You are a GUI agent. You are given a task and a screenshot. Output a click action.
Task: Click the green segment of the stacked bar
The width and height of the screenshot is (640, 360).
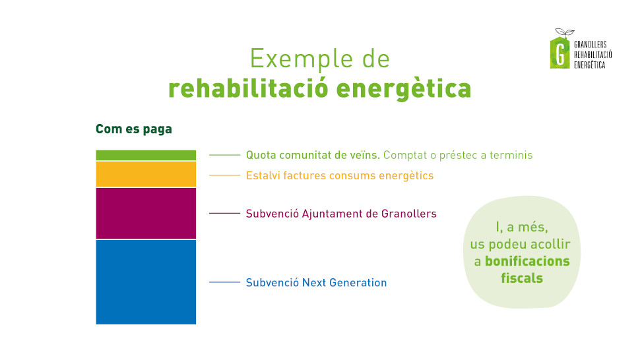point(146,155)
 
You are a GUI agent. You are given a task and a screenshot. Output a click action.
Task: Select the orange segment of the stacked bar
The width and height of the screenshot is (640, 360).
point(146,174)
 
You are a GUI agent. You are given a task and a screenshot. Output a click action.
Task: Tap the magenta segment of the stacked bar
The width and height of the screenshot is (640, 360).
point(146,213)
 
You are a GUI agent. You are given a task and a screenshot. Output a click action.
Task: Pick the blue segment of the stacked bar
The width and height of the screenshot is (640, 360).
point(146,282)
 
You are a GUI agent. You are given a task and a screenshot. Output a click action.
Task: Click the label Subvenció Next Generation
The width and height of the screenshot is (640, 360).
point(316,283)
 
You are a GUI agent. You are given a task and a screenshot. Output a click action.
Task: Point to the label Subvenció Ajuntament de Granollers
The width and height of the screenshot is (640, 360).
point(341,214)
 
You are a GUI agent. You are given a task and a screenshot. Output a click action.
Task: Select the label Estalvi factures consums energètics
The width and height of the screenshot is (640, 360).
point(340,175)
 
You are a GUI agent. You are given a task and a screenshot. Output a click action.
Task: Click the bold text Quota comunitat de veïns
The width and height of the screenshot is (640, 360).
point(313,155)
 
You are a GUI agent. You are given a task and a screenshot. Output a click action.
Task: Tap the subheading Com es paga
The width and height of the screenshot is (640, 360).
point(134,129)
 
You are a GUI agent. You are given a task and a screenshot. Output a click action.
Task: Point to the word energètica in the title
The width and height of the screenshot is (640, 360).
point(404,89)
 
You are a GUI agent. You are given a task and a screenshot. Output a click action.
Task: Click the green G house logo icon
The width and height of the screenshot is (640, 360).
point(560,52)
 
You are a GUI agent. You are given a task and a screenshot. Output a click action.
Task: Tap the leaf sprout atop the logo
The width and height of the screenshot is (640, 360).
point(565,32)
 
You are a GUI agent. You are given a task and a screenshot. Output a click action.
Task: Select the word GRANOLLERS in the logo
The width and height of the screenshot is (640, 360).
point(591,44)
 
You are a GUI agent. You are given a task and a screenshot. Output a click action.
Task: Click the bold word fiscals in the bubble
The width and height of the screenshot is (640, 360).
point(522,278)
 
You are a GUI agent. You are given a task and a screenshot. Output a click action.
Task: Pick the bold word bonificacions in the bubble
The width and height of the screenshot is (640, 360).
point(527,261)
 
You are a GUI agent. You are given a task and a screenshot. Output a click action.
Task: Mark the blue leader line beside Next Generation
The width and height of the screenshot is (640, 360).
point(224,282)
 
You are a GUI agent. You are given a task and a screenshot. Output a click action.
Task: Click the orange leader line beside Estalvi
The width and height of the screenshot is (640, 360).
point(224,175)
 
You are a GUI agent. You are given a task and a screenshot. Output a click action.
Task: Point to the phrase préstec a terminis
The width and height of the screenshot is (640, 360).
point(486,156)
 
